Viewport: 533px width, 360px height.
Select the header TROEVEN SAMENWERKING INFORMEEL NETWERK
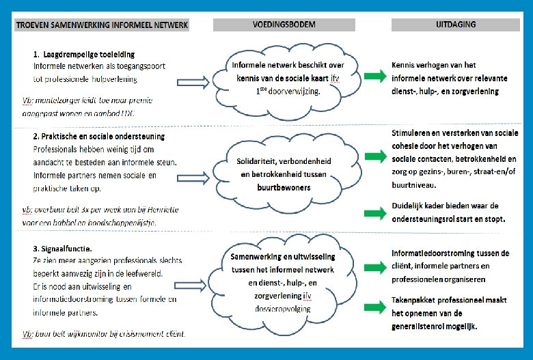[x=101, y=25]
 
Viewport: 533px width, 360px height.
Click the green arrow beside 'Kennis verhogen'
[x=375, y=77]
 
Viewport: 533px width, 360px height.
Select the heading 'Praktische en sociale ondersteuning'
[x=98, y=136]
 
